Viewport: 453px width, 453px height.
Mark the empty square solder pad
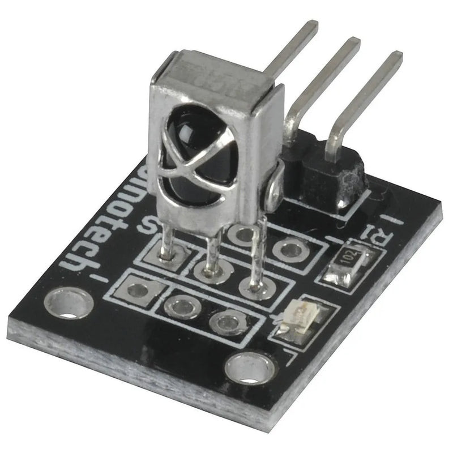136,289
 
